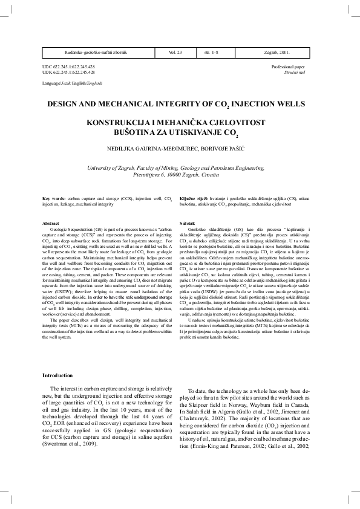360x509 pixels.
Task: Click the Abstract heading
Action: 51,224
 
